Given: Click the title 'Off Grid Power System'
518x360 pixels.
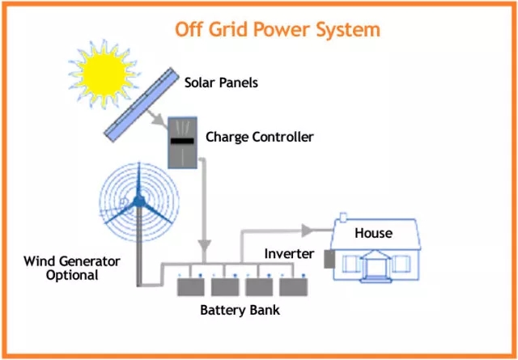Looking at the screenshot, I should point(277,30).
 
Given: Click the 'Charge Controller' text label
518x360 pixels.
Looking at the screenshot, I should point(259,137).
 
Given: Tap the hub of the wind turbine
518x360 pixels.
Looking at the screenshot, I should point(138,200).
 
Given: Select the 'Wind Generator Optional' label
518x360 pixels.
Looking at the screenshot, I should point(71,268).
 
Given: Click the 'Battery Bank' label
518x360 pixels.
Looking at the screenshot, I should point(240,310).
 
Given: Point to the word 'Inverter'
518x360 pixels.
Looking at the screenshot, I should point(289,254).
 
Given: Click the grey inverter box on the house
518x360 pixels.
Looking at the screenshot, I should point(329,259).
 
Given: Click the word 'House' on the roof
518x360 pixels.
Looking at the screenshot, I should point(373,233).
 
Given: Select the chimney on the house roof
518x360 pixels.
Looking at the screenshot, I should point(343,218).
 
